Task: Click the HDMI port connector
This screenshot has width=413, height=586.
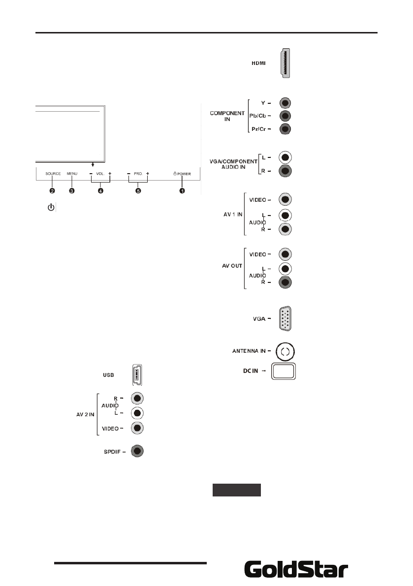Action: [284, 63]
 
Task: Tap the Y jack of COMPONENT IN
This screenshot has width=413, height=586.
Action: [286, 103]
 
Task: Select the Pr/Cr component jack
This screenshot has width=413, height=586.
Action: [286, 129]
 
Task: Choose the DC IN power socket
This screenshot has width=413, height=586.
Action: [284, 371]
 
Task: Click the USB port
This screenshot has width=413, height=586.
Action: [138, 375]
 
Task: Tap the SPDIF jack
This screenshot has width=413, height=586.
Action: [138, 451]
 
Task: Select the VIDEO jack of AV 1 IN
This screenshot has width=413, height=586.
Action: [286, 200]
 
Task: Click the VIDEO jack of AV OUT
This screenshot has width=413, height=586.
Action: [286, 254]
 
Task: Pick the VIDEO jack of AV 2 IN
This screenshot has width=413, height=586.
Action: [138, 428]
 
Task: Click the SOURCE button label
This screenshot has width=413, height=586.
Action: [53, 174]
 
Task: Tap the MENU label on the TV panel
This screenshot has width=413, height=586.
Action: [72, 174]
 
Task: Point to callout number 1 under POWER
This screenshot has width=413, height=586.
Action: [182, 191]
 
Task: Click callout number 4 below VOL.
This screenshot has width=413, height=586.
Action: [100, 191]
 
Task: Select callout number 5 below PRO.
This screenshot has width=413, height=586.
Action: [138, 191]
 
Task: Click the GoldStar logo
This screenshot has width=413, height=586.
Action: [296, 570]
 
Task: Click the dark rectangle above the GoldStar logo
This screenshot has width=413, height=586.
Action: [236, 491]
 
